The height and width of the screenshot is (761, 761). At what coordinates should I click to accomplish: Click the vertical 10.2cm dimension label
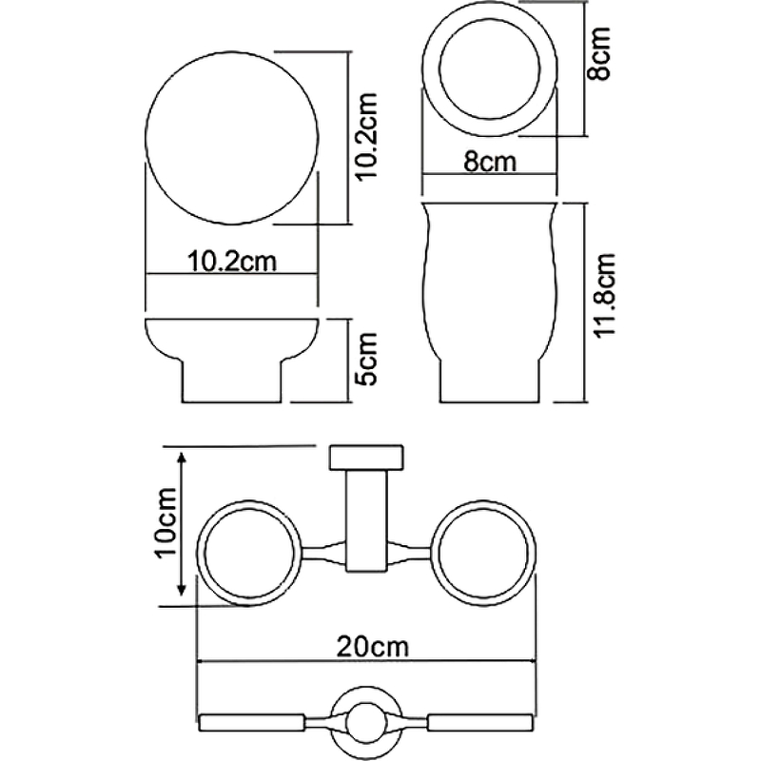pos(368,136)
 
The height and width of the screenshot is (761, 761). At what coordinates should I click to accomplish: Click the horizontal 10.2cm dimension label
pos(232,263)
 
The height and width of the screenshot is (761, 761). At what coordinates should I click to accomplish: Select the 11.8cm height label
pos(606,295)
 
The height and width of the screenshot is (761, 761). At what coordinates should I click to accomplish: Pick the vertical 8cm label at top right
pos(598,53)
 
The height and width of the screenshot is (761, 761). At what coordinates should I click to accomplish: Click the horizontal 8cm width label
pos(489,162)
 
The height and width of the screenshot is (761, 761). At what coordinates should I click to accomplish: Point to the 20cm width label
pos(373,647)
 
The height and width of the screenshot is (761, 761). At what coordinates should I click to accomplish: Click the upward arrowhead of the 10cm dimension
pos(182,458)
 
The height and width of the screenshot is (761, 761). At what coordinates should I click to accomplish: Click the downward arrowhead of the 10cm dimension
pos(182,589)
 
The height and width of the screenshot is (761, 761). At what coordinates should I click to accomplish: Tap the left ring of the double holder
pos(250,553)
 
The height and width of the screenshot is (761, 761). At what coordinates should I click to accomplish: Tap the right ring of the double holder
pos(482,553)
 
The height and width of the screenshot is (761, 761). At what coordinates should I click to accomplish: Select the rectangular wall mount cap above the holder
pos(366,458)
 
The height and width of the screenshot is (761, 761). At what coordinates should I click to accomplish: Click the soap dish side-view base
pos(232,381)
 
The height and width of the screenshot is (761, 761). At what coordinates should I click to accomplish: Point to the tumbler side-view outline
pos(489,302)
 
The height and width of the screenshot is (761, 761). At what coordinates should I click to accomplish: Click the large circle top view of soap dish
pos(232,138)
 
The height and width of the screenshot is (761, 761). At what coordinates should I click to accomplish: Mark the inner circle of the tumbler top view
pos(490,68)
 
